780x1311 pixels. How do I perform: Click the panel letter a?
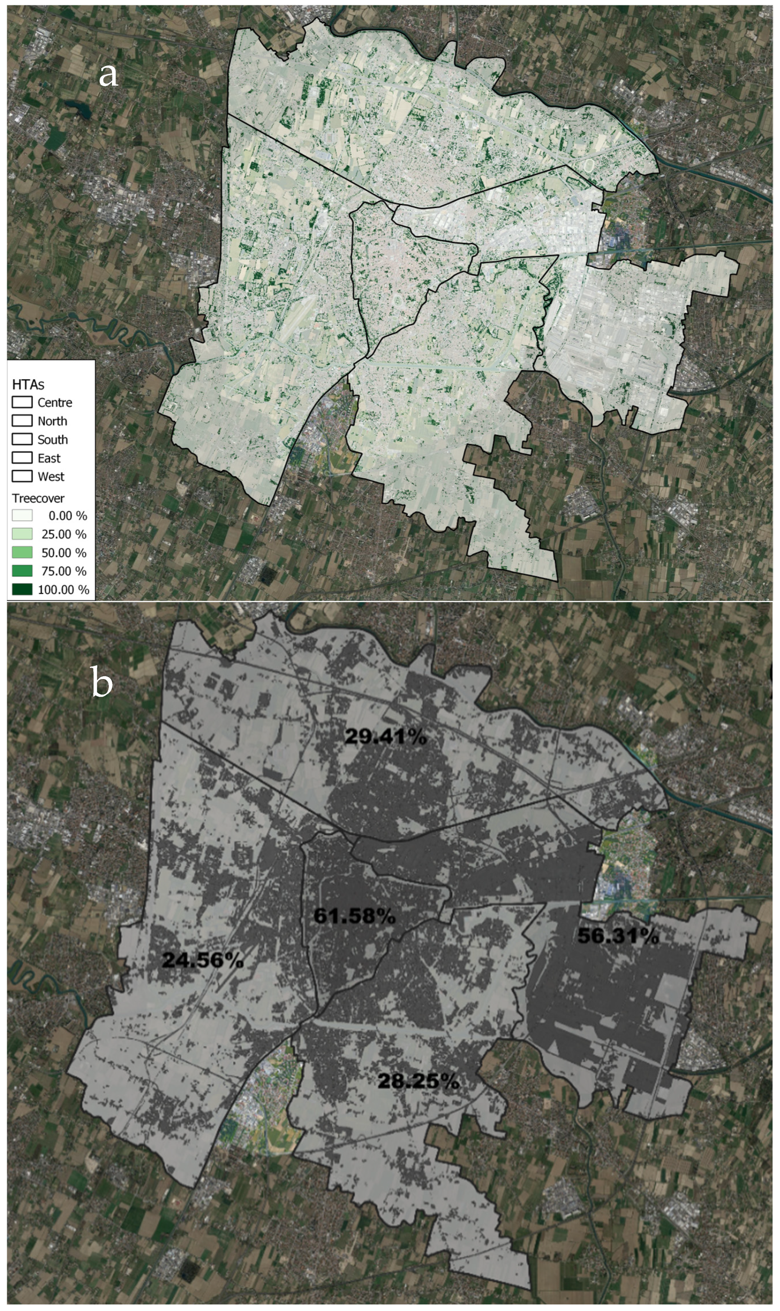click(108, 76)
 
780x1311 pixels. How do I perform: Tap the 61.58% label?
click(354, 916)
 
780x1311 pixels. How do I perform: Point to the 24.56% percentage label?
click(202, 960)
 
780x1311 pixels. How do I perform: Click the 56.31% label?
click(618, 936)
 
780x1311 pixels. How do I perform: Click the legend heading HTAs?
click(28, 384)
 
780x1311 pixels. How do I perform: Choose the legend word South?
click(52, 439)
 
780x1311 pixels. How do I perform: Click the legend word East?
click(49, 458)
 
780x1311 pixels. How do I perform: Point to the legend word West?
click(50, 476)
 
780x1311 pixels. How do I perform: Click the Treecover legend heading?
click(39, 498)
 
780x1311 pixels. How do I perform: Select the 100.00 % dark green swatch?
click(22, 589)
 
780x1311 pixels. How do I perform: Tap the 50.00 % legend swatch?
click(22, 552)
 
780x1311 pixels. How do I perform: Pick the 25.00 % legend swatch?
click(22, 534)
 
